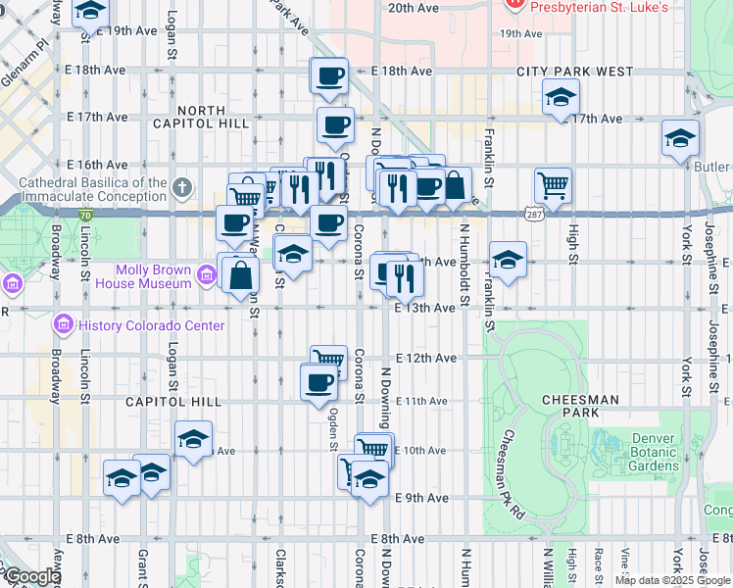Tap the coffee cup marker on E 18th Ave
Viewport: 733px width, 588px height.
(330, 75)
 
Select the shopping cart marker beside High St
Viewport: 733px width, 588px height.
(554, 185)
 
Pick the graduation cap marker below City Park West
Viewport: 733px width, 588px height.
(561, 97)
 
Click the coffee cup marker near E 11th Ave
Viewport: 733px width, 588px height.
(318, 381)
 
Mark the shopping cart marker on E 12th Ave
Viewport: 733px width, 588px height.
(329, 362)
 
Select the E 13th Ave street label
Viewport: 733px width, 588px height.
(425, 308)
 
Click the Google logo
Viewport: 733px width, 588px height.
(31, 576)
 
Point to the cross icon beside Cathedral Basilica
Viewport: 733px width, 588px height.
(182, 187)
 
